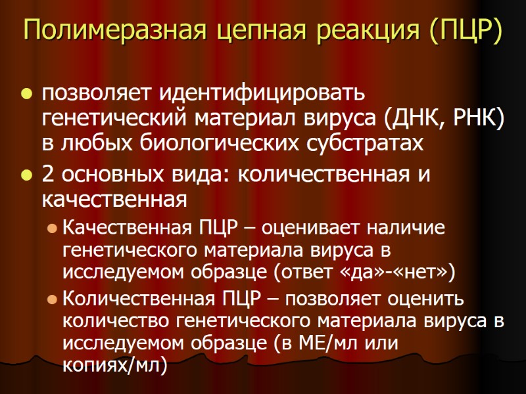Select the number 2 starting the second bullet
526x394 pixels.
click(48, 175)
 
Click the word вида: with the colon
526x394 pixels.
click(196, 175)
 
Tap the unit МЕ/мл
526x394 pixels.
click(350, 344)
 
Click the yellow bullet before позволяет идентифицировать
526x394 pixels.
click(27, 96)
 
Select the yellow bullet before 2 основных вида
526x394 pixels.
click(27, 176)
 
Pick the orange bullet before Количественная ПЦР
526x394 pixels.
click(52, 299)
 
